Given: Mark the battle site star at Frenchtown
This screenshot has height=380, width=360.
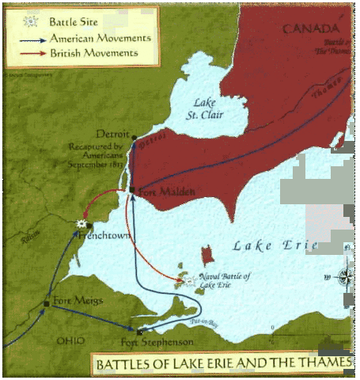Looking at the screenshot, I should [80, 224].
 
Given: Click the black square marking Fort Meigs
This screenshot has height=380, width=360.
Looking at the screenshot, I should [47, 302].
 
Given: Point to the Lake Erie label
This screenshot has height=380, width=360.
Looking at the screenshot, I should [275, 246].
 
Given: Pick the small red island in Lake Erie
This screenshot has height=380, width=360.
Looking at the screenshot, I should [207, 255].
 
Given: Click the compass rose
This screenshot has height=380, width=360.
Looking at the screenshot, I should [345, 276].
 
